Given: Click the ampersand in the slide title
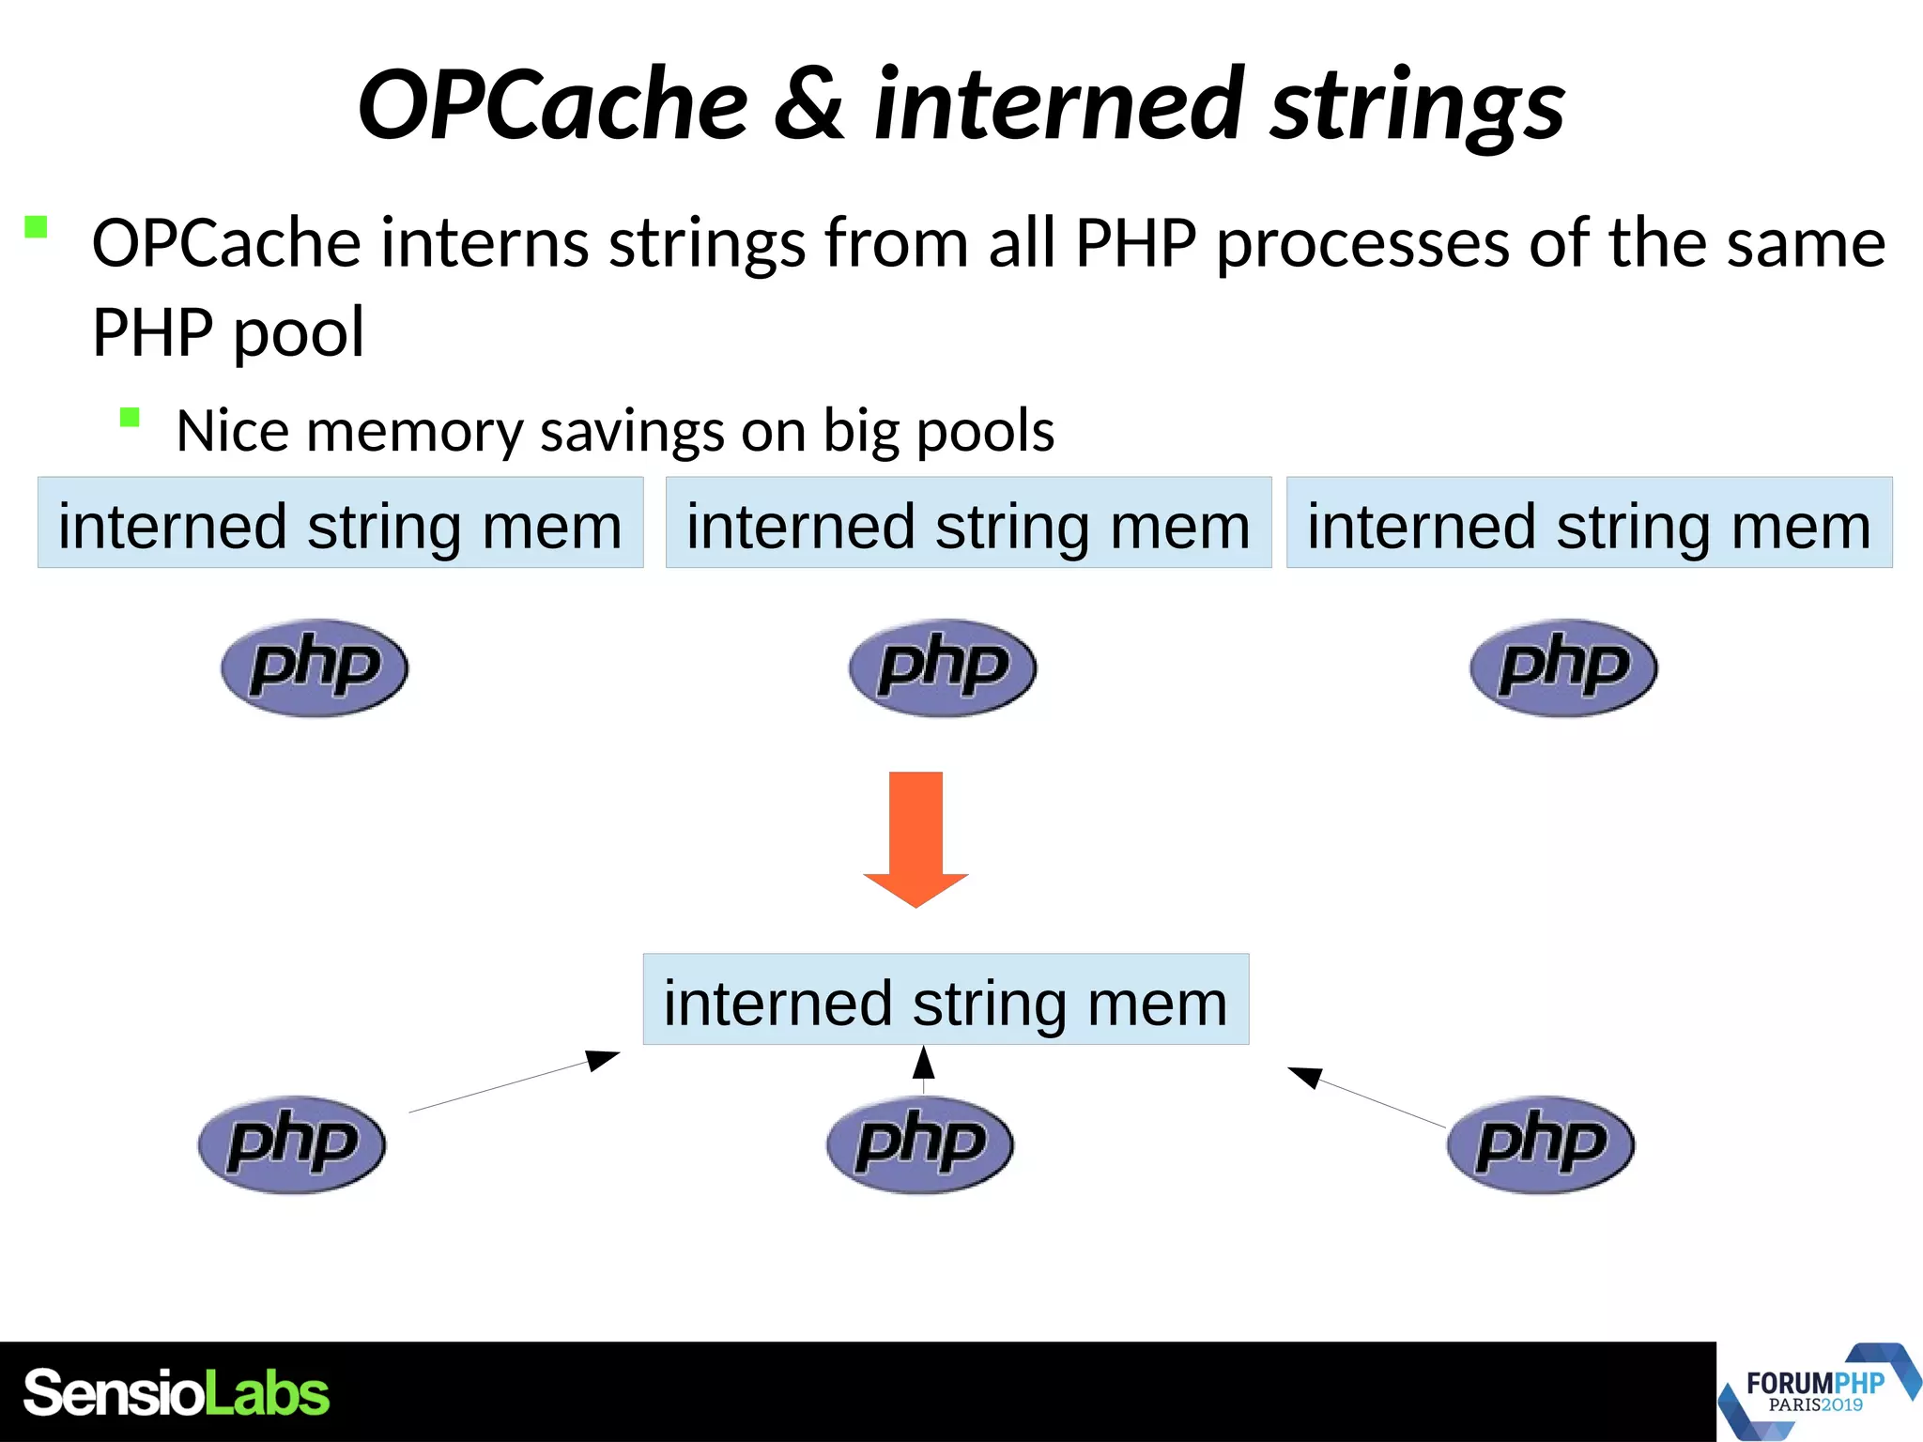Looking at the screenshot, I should pos(808,105).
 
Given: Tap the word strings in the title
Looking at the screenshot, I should pos(1418,105).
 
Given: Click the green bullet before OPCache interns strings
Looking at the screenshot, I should pos(36,227).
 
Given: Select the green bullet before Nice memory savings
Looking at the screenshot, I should pos(130,418).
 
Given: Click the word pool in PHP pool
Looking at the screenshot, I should pos(298,332).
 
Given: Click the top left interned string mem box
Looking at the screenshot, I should pos(340,523).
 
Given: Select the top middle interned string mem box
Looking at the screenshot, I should pos(968,523).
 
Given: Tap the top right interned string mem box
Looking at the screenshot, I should pos(1589,523).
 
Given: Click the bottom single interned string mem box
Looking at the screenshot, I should pos(946,1000).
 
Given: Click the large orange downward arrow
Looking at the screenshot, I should pos(915,836).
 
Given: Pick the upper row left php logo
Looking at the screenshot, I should pos(315,667).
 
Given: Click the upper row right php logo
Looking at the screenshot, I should pos(1563,667).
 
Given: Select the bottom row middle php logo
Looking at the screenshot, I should pos(920,1144).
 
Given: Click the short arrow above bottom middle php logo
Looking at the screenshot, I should pos(924,1068).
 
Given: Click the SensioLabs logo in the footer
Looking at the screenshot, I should pos(177,1393).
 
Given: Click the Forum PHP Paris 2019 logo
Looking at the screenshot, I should pos(1817,1392).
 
